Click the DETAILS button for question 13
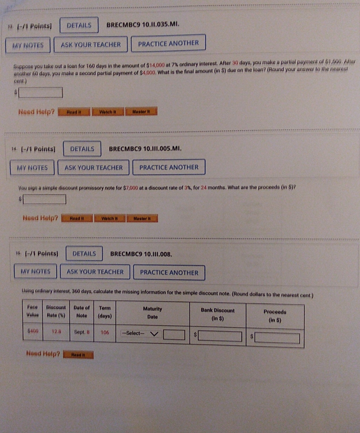click(79, 25)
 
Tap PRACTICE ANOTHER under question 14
click(169, 167)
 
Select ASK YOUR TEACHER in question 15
click(95, 271)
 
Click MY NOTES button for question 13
click(28, 45)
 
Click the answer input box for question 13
click(41, 92)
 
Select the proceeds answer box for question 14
click(44, 199)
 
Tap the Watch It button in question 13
click(108, 112)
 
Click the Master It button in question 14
click(142, 219)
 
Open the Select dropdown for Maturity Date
click(141, 333)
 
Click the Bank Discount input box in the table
click(220, 336)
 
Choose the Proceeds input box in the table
click(277, 338)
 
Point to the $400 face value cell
click(33, 331)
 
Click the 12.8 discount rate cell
click(56, 331)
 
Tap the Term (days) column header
click(105, 312)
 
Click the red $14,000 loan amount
click(155, 65)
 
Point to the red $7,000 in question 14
click(130, 188)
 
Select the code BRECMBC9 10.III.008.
click(141, 254)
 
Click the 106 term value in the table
click(105, 333)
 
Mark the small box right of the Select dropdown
click(174, 335)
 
